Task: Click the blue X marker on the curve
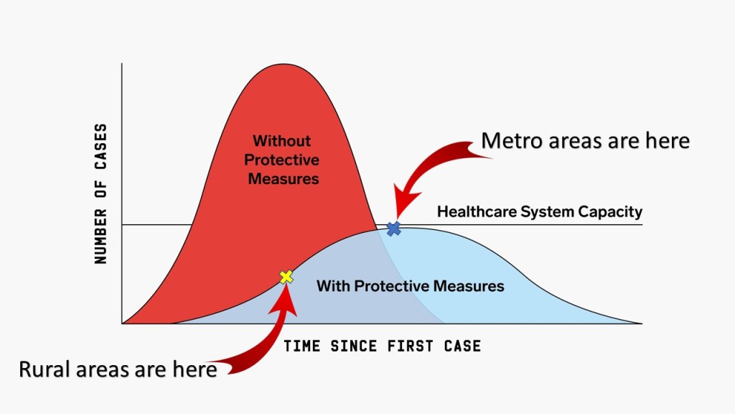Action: pyautogui.click(x=394, y=229)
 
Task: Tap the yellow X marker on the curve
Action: pyautogui.click(x=286, y=277)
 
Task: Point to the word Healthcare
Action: pyautogui.click(x=477, y=212)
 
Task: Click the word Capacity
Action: pyautogui.click(x=610, y=212)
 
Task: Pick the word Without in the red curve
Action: pyautogui.click(x=281, y=141)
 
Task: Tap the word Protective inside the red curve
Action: pyautogui.click(x=281, y=160)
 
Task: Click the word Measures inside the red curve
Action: pyautogui.click(x=283, y=179)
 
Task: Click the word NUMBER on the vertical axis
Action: pyautogui.click(x=100, y=236)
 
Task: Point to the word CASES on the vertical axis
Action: pyautogui.click(x=100, y=147)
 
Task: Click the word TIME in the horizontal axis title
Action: pyautogui.click(x=302, y=346)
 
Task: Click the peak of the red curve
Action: pyautogui.click(x=283, y=64)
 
